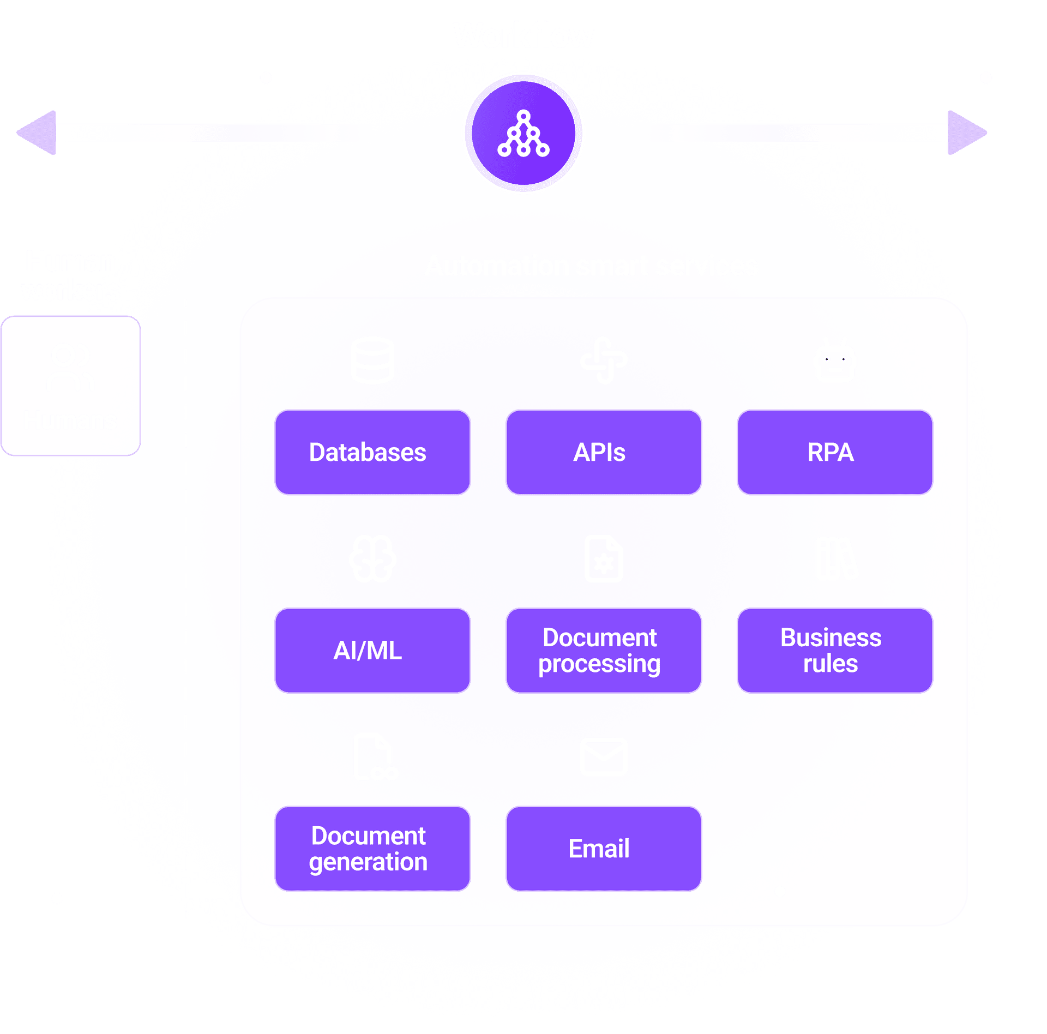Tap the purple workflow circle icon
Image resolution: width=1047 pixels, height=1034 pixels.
[523, 134]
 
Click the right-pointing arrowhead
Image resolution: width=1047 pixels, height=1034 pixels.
[966, 133]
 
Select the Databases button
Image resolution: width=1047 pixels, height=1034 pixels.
[372, 452]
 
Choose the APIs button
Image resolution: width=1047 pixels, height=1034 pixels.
[604, 452]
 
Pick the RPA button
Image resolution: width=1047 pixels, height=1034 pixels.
[834, 452]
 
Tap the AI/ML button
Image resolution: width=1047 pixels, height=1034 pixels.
[372, 650]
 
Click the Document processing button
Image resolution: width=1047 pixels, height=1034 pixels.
[604, 650]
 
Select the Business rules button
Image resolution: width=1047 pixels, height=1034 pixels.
[834, 650]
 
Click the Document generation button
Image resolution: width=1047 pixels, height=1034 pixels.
[372, 849]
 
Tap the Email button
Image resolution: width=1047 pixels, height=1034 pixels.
[604, 849]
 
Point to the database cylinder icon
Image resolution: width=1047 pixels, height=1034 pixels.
[372, 360]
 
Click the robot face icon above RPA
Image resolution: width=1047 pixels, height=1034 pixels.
[834, 360]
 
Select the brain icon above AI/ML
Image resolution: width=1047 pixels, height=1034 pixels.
[372, 558]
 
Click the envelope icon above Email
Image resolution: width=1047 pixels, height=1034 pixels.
[604, 756]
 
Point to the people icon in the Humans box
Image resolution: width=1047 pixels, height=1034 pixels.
[70, 367]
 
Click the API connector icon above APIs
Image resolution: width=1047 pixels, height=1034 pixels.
[604, 360]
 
